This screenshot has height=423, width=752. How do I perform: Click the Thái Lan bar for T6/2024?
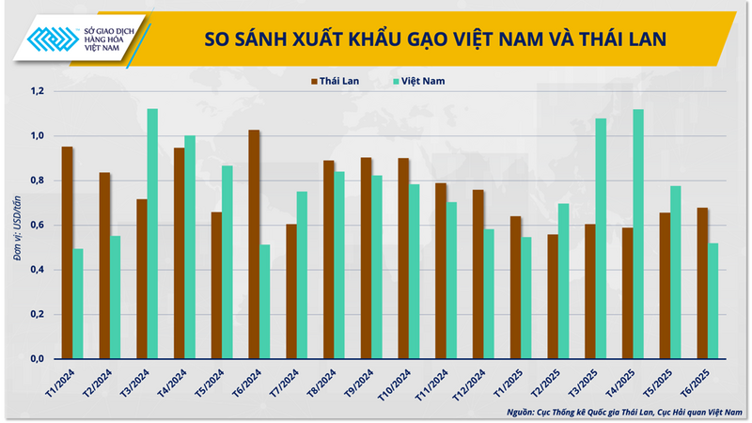pos(254,244)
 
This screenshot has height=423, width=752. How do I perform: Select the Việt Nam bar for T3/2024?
pos(152,234)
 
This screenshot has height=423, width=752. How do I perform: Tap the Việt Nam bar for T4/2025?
pos(637,234)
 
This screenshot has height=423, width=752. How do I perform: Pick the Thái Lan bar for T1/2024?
pos(67,253)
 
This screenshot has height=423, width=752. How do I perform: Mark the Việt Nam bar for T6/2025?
pos(713,301)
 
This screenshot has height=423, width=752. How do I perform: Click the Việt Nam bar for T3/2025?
pos(601,239)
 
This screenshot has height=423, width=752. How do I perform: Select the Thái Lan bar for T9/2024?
pos(366,258)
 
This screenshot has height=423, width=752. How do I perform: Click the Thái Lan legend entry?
pos(337,81)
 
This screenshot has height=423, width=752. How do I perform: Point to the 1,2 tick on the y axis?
pos(39,91)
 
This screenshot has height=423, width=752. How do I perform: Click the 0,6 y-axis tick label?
pos(39,226)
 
